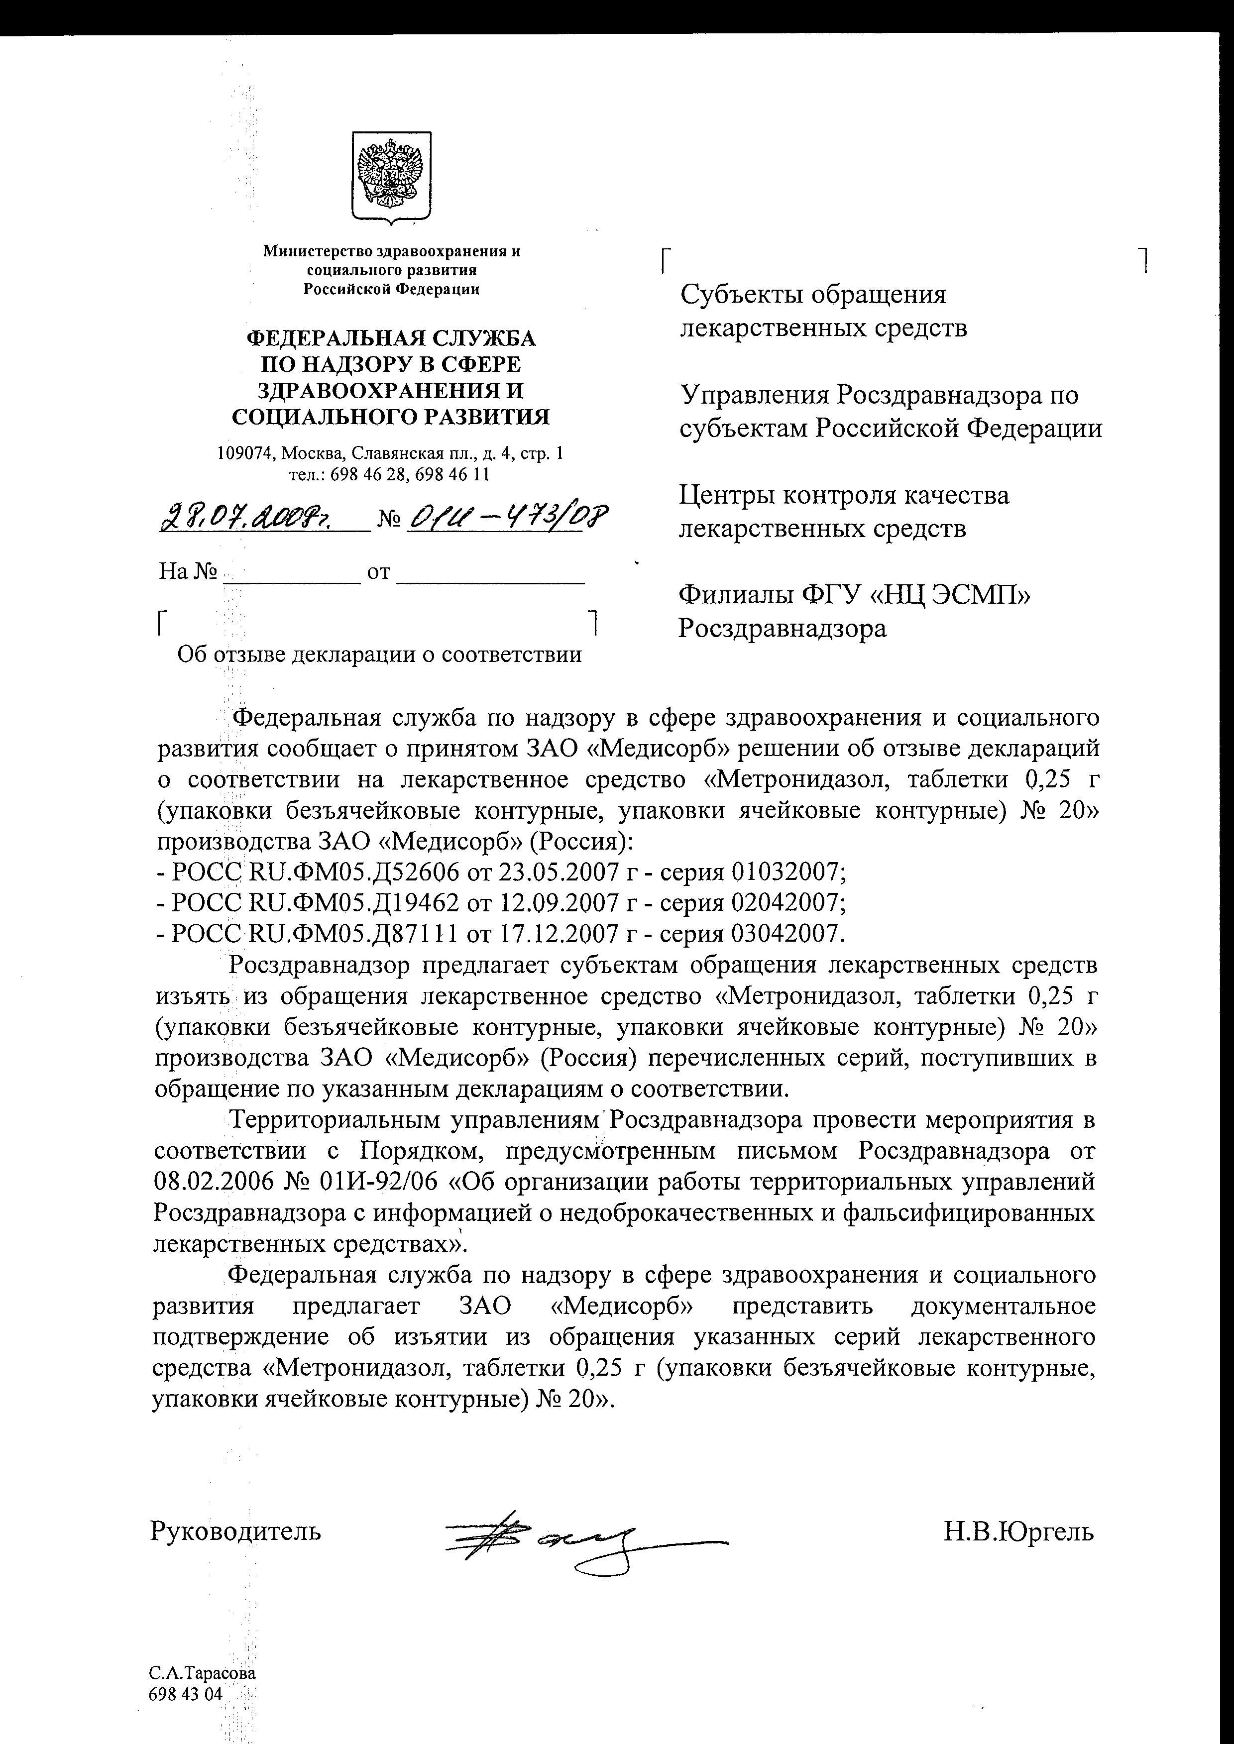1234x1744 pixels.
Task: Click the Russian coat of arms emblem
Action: (x=391, y=178)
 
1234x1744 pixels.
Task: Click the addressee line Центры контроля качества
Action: (x=843, y=496)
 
